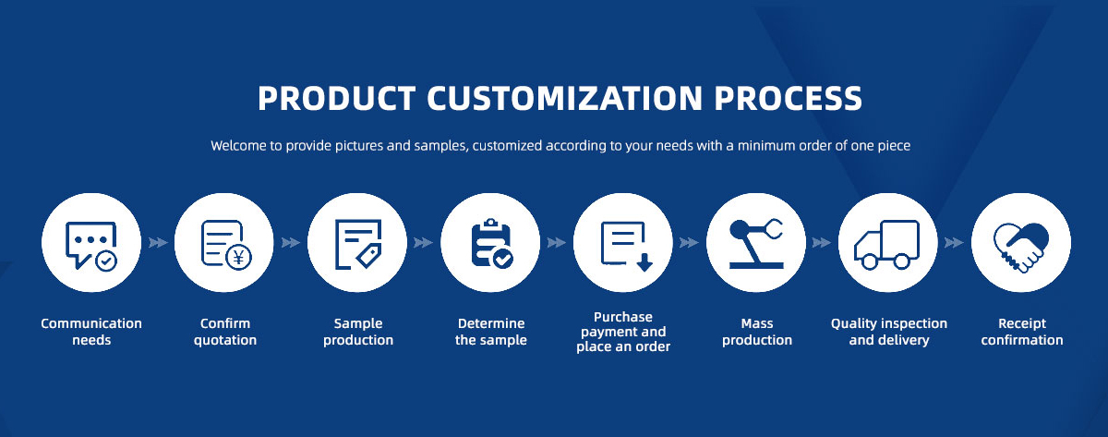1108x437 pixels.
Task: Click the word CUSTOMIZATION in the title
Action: click(564, 98)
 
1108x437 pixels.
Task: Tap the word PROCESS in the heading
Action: click(788, 98)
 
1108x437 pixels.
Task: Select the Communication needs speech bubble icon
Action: click(91, 246)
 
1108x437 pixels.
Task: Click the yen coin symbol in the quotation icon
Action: click(238, 258)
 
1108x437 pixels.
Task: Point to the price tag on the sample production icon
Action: click(369, 256)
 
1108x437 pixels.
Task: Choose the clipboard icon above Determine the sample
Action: click(491, 243)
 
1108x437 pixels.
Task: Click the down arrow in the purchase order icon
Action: click(644, 262)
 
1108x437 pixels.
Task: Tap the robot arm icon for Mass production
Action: click(756, 244)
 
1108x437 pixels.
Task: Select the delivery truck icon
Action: click(887, 245)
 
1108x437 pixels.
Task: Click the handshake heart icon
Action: click(1021, 247)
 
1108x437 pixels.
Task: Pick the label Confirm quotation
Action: click(225, 332)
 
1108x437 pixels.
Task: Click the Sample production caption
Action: click(358, 332)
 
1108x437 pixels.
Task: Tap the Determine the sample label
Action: click(491, 332)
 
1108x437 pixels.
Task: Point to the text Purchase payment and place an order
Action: click(623, 332)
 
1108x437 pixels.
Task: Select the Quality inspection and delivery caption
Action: click(889, 332)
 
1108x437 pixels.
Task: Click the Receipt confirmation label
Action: click(1022, 332)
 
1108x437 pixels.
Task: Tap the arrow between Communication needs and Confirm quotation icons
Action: click(158, 242)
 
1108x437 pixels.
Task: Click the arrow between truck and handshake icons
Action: click(954, 242)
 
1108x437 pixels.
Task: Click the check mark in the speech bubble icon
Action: click(106, 261)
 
